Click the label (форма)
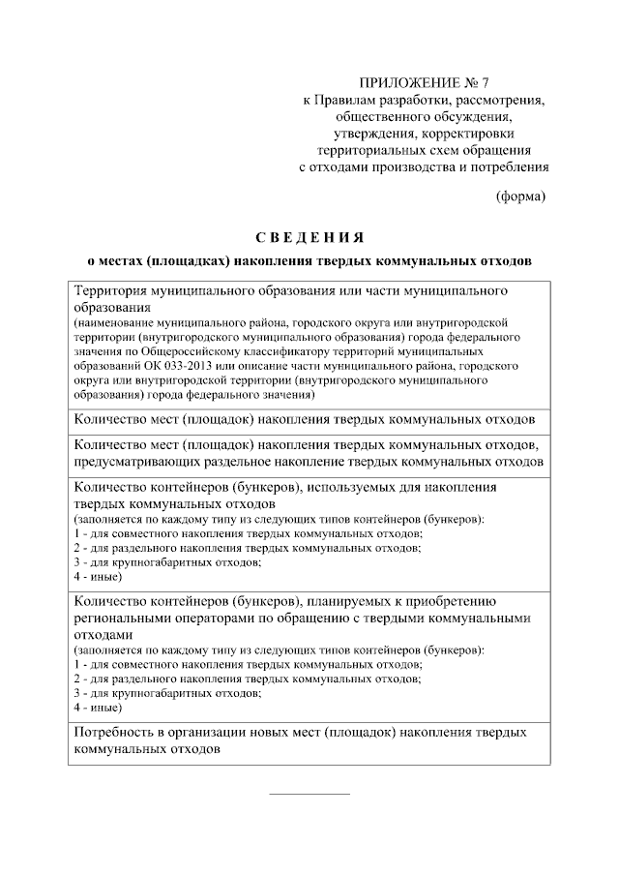pyautogui.click(x=520, y=196)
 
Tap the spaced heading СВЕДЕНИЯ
pyautogui.click(x=309, y=238)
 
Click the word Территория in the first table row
pyautogui.click(x=111, y=290)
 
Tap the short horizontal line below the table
pyautogui.click(x=309, y=794)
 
